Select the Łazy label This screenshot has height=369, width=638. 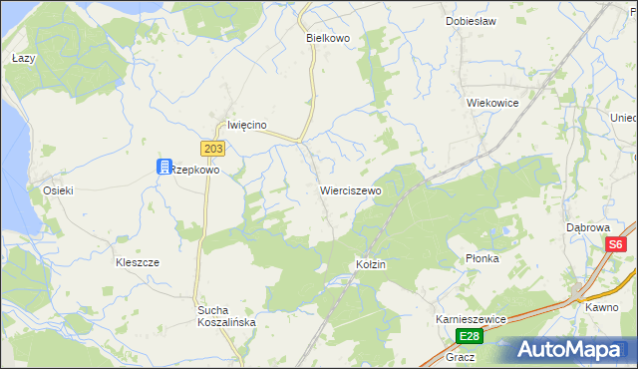[x=24, y=59]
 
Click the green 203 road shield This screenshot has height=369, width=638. [x=212, y=149]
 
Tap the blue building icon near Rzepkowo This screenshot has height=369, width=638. [x=163, y=168]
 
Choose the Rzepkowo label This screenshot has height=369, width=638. [x=195, y=170]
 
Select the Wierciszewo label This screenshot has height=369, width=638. [x=350, y=189]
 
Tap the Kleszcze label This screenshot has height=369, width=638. [x=138, y=261]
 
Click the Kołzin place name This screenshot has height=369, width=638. [x=371, y=264]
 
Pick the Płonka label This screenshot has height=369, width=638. [x=482, y=258]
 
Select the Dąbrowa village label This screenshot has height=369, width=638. [x=587, y=227]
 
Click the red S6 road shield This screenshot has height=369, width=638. [x=616, y=244]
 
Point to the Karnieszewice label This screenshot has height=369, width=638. [x=472, y=318]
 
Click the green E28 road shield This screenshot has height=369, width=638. [x=471, y=336]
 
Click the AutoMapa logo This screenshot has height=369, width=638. [x=571, y=350]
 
